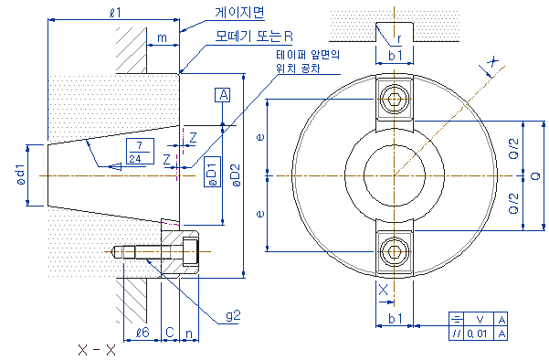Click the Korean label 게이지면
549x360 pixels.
240,13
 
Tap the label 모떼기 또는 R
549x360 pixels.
254,36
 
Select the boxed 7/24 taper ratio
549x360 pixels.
140,152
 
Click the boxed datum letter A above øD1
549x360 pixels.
223,95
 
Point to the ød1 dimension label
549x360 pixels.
21,174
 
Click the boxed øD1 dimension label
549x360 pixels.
212,172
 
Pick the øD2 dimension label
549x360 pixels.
236,175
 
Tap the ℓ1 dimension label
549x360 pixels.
115,13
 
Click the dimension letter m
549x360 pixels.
162,37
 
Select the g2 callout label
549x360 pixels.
233,316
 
